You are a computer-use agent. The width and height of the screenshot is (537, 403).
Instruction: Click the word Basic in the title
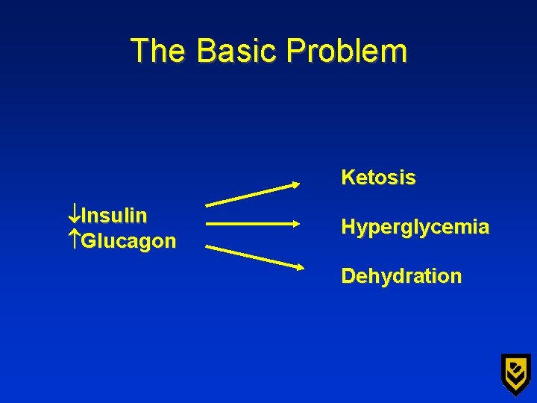click(x=236, y=51)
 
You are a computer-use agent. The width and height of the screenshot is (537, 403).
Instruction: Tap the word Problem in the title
click(x=347, y=51)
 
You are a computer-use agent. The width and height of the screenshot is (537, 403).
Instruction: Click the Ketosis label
click(x=378, y=178)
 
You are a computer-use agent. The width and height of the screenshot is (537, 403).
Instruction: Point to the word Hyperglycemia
click(x=415, y=227)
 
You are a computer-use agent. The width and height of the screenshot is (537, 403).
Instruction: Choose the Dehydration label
click(x=401, y=276)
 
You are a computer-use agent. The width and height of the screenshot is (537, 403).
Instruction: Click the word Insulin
click(x=114, y=216)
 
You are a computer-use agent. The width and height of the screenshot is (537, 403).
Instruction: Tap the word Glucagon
click(x=128, y=241)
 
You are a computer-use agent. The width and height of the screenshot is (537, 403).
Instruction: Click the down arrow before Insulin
click(x=74, y=216)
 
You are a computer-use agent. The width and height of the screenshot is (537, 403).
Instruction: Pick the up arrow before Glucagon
click(x=74, y=241)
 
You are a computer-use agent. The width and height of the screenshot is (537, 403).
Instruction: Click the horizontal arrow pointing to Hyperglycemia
click(x=254, y=223)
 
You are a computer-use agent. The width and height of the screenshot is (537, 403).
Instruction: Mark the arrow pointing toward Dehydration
click(x=254, y=256)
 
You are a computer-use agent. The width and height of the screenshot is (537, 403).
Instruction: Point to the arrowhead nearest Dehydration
click(x=300, y=267)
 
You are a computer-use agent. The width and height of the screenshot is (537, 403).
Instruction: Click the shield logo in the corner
click(x=515, y=372)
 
